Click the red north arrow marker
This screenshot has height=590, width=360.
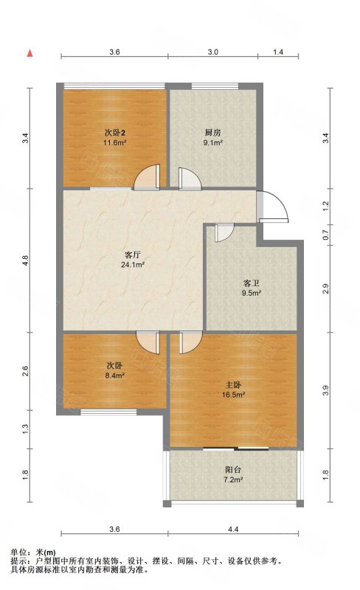click(30, 53)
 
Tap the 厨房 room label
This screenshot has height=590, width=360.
click(213, 133)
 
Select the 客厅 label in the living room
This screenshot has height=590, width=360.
click(132, 255)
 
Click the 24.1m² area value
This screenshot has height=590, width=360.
click(132, 265)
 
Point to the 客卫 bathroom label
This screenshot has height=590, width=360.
click(252, 282)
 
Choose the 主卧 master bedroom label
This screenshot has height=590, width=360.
click(234, 384)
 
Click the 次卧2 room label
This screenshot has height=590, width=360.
click(114, 133)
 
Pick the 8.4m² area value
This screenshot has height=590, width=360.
click(114, 375)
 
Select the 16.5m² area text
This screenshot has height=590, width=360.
click(234, 395)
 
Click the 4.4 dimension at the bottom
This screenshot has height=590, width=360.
click(234, 528)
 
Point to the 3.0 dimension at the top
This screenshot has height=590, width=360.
click(212, 53)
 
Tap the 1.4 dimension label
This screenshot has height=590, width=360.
click(279, 53)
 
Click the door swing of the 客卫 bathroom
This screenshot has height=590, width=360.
click(222, 233)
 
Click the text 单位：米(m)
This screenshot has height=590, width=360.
click(33, 552)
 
